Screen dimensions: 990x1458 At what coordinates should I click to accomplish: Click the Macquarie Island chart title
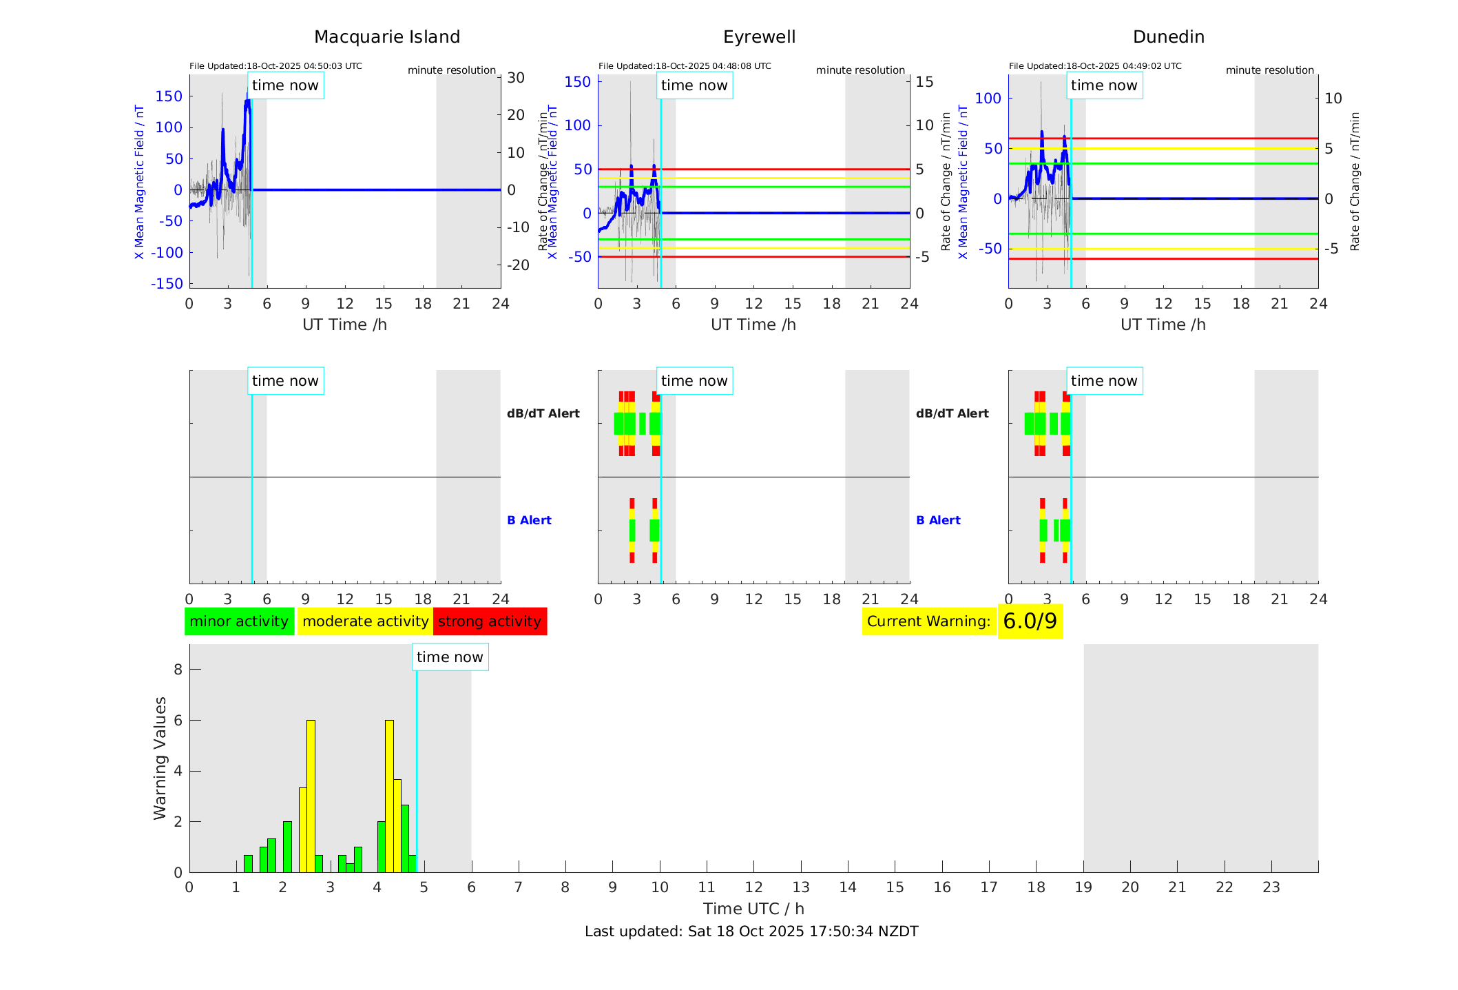pyautogui.click(x=386, y=37)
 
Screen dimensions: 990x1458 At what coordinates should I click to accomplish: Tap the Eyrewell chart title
pyautogui.click(x=759, y=37)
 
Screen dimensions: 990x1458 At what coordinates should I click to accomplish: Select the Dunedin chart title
pyautogui.click(x=1168, y=37)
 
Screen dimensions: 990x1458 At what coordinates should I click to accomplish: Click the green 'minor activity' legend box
pyautogui.click(x=239, y=621)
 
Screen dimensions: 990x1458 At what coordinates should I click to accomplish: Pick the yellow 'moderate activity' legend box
pyautogui.click(x=365, y=621)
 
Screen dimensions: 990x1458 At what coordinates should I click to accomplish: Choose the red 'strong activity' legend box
pyautogui.click(x=490, y=621)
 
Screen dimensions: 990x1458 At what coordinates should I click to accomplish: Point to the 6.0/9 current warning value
pyautogui.click(x=1030, y=621)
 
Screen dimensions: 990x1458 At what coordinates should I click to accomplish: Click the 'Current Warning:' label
pyautogui.click(x=928, y=621)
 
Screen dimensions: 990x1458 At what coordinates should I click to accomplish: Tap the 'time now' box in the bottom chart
pyautogui.click(x=450, y=657)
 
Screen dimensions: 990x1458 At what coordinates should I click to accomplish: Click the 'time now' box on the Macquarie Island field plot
pyautogui.click(x=285, y=85)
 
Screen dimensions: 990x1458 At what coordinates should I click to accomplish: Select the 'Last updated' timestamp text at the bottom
pyautogui.click(x=751, y=931)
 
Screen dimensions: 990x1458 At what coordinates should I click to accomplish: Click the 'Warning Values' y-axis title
pyautogui.click(x=160, y=758)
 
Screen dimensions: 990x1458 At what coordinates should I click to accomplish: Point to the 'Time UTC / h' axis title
pyautogui.click(x=753, y=909)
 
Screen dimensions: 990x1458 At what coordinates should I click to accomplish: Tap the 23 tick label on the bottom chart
pyautogui.click(x=1271, y=887)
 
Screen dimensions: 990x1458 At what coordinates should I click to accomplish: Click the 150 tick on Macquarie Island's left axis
pyautogui.click(x=169, y=96)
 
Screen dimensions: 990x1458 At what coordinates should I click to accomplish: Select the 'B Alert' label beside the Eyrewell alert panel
pyautogui.click(x=529, y=520)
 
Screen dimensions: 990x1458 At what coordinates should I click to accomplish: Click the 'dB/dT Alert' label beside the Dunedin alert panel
pyautogui.click(x=952, y=413)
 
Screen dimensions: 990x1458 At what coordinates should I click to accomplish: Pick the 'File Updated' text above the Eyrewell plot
pyautogui.click(x=685, y=66)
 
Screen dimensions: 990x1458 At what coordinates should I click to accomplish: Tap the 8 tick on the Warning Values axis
pyautogui.click(x=178, y=669)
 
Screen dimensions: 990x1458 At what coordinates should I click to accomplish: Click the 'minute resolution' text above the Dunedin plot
pyautogui.click(x=1269, y=70)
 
